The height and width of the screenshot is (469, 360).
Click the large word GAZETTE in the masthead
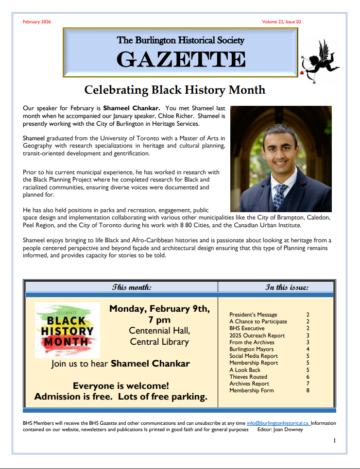[181, 59]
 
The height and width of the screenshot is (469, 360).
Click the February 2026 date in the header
[36, 22]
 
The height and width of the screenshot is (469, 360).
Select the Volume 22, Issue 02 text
[282, 22]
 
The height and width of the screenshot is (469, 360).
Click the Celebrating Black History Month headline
[175, 90]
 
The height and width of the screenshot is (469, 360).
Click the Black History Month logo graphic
[68, 331]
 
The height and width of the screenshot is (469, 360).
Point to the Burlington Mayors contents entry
[251, 349]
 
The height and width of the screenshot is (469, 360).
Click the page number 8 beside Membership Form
[308, 390]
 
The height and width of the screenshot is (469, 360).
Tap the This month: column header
[132, 287]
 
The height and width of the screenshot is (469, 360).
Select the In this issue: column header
[287, 287]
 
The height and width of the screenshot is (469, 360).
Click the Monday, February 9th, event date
[159, 309]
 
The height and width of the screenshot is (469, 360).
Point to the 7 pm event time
[159, 320]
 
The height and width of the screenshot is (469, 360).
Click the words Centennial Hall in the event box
[159, 331]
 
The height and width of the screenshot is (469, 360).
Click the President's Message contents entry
[253, 315]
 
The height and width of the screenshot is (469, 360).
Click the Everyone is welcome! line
[121, 386]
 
